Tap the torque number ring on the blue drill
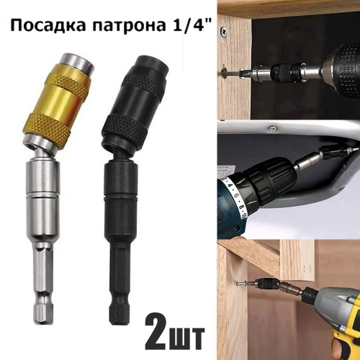(236, 197)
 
